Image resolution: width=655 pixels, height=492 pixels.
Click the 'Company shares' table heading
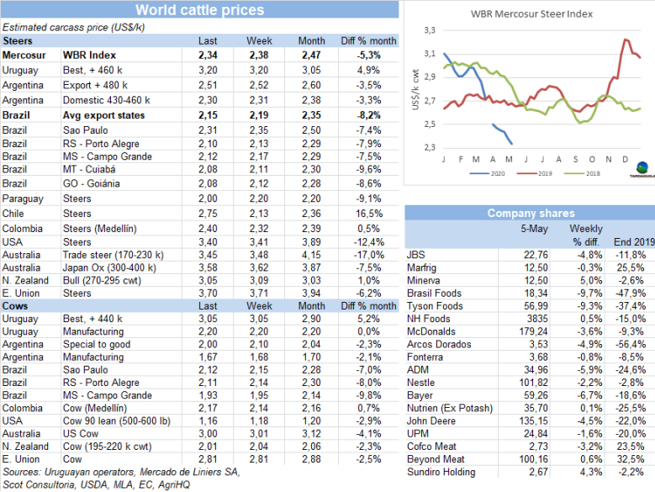point(530,214)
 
